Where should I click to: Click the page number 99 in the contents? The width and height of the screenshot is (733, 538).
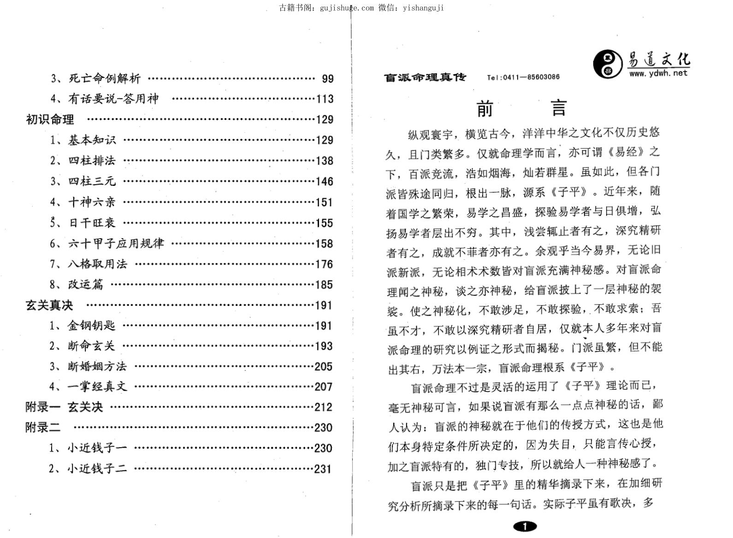327,79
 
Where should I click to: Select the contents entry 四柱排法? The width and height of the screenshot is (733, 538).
92,161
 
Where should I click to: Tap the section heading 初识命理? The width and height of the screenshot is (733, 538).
50,120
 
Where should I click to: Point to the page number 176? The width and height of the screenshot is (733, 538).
324,264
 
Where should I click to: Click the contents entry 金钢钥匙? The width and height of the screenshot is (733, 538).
91,326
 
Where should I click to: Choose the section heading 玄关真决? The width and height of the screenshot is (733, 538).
49,305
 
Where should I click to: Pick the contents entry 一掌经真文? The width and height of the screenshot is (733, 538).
97,387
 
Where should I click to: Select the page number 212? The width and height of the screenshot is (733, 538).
323,407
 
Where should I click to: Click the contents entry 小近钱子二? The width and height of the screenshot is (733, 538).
97,469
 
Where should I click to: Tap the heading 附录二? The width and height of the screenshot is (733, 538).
43,428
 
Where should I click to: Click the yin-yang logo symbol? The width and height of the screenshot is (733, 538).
607,64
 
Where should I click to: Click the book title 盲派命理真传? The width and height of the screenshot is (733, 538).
425,78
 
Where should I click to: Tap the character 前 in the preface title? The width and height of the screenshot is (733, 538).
485,109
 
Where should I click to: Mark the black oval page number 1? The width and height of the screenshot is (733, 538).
524,526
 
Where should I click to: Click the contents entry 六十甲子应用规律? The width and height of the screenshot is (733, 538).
116,243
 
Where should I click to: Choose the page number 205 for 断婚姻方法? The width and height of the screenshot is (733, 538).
324,367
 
